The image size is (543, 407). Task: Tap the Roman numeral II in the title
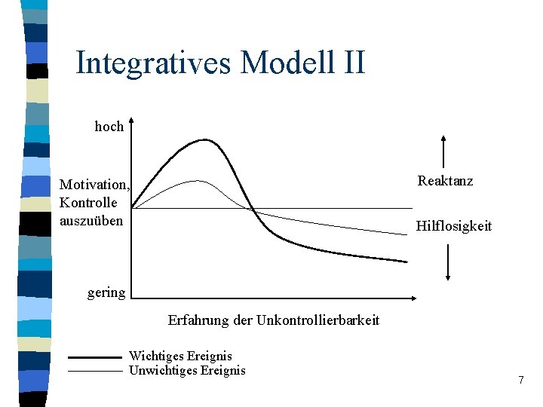348,63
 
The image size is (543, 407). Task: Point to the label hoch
109,127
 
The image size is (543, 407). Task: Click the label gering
106,292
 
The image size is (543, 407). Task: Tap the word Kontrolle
88,203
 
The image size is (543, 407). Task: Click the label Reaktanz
445,181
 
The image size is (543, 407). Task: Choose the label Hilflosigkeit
453,226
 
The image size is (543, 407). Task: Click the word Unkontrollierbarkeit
318,320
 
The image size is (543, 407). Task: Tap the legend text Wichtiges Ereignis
180,356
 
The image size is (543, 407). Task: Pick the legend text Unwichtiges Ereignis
187,370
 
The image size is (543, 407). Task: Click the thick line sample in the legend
94,357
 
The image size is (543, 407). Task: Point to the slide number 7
520,380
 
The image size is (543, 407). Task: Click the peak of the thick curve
204,139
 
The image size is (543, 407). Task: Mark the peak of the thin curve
198,181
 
